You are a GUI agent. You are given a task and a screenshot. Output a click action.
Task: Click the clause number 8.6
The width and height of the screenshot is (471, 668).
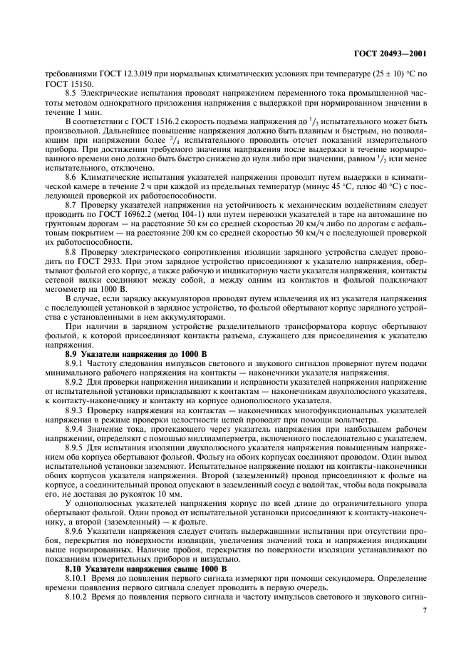click(73, 196)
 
